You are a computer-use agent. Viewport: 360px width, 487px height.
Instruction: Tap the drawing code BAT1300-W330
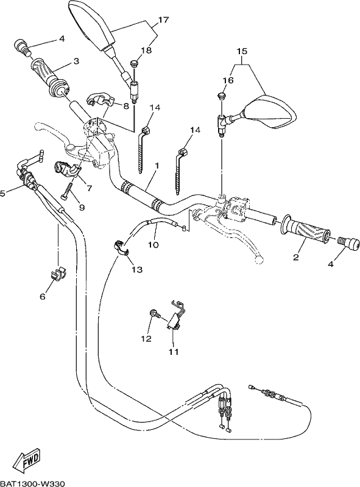[x=32, y=483]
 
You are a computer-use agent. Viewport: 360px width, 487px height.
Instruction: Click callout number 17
[x=163, y=19]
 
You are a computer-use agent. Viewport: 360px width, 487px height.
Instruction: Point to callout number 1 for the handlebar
[x=157, y=166]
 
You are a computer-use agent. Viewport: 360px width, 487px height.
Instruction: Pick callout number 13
[x=137, y=269]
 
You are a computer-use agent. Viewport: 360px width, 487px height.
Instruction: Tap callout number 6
[x=43, y=296]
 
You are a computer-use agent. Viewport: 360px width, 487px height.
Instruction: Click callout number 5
[x=2, y=194]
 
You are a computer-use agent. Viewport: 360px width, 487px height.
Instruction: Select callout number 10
[x=154, y=245]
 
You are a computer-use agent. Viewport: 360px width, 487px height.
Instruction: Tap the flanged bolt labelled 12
[x=155, y=314]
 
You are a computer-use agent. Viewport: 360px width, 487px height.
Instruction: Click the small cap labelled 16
[x=221, y=96]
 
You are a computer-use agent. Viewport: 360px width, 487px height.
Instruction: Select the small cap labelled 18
[x=134, y=64]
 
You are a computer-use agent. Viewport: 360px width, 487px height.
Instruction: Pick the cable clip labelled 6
[x=58, y=273]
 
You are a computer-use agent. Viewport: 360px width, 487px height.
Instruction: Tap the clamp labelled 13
[x=121, y=248]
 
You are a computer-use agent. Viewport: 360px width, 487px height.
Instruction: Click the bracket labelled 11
[x=176, y=314]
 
